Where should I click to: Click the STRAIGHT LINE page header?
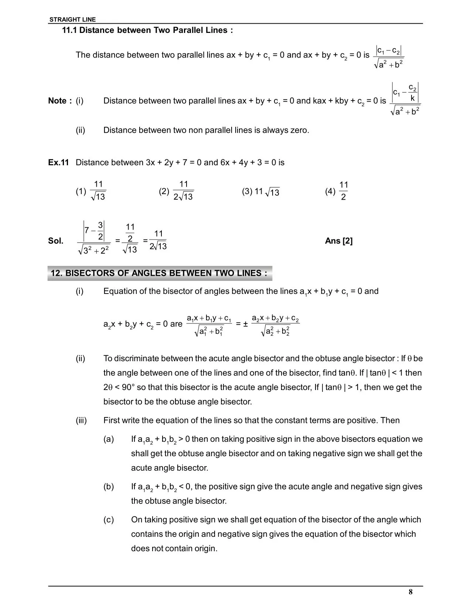pyautogui.click(x=72, y=20)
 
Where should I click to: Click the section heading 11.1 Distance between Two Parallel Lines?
pyautogui.click(x=147, y=30)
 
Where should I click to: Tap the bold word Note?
pyautogui.click(x=57, y=101)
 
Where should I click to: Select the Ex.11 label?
pyautogui.click(x=58, y=163)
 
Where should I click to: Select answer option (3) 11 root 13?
pyautogui.click(x=261, y=192)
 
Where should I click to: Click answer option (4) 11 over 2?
pyautogui.click(x=337, y=191)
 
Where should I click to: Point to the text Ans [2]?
pyautogui.click(x=339, y=241)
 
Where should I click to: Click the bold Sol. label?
pyautogui.click(x=55, y=241)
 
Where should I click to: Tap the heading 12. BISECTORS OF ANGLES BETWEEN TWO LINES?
pyautogui.click(x=159, y=273)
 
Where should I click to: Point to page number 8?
pyautogui.click(x=410, y=592)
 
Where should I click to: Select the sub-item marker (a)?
pyautogui.click(x=109, y=439)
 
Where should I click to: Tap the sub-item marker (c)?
pyautogui.click(x=109, y=520)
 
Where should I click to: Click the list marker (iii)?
pyautogui.click(x=81, y=420)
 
